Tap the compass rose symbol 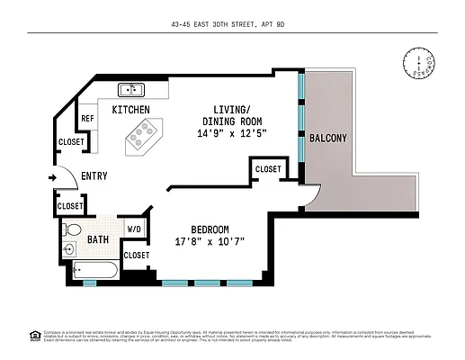417,63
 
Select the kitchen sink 131,89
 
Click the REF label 87,119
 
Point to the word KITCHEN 130,109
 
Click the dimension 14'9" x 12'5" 232,133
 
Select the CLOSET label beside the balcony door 267,169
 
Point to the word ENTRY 95,176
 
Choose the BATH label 98,239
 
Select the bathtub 94,269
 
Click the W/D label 135,229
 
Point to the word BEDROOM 203,229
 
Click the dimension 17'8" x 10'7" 209,241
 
